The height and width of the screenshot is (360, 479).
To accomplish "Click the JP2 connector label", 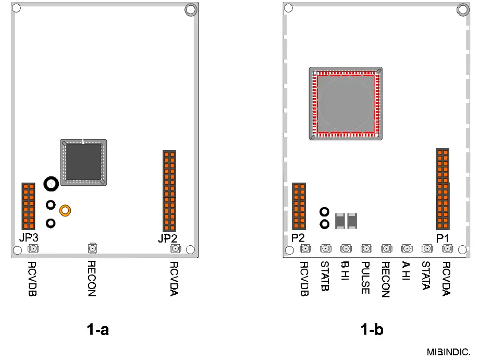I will pyautogui.click(x=168, y=239).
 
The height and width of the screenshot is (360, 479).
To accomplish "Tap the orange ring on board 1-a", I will pyautogui.click(x=65, y=210).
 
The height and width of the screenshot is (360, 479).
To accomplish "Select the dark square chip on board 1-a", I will pyautogui.click(x=83, y=162).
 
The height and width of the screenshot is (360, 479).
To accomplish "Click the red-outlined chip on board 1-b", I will pyautogui.click(x=346, y=103).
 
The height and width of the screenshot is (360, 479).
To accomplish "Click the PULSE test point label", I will pyautogui.click(x=365, y=277).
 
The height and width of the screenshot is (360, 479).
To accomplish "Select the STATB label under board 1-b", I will pyautogui.click(x=325, y=276).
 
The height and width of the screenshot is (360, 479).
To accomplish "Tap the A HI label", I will pyautogui.click(x=406, y=271).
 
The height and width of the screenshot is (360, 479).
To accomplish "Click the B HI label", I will pyautogui.click(x=345, y=271).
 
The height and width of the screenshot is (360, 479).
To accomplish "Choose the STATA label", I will pyautogui.click(x=426, y=276).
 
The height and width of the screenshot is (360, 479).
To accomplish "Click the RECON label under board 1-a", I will pyautogui.click(x=92, y=278).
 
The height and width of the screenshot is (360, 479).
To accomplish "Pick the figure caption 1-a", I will pyautogui.click(x=97, y=330).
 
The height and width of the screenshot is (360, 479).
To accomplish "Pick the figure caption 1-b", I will pyautogui.click(x=372, y=330).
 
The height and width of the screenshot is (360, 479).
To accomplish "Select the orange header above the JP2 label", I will pyautogui.click(x=169, y=191).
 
